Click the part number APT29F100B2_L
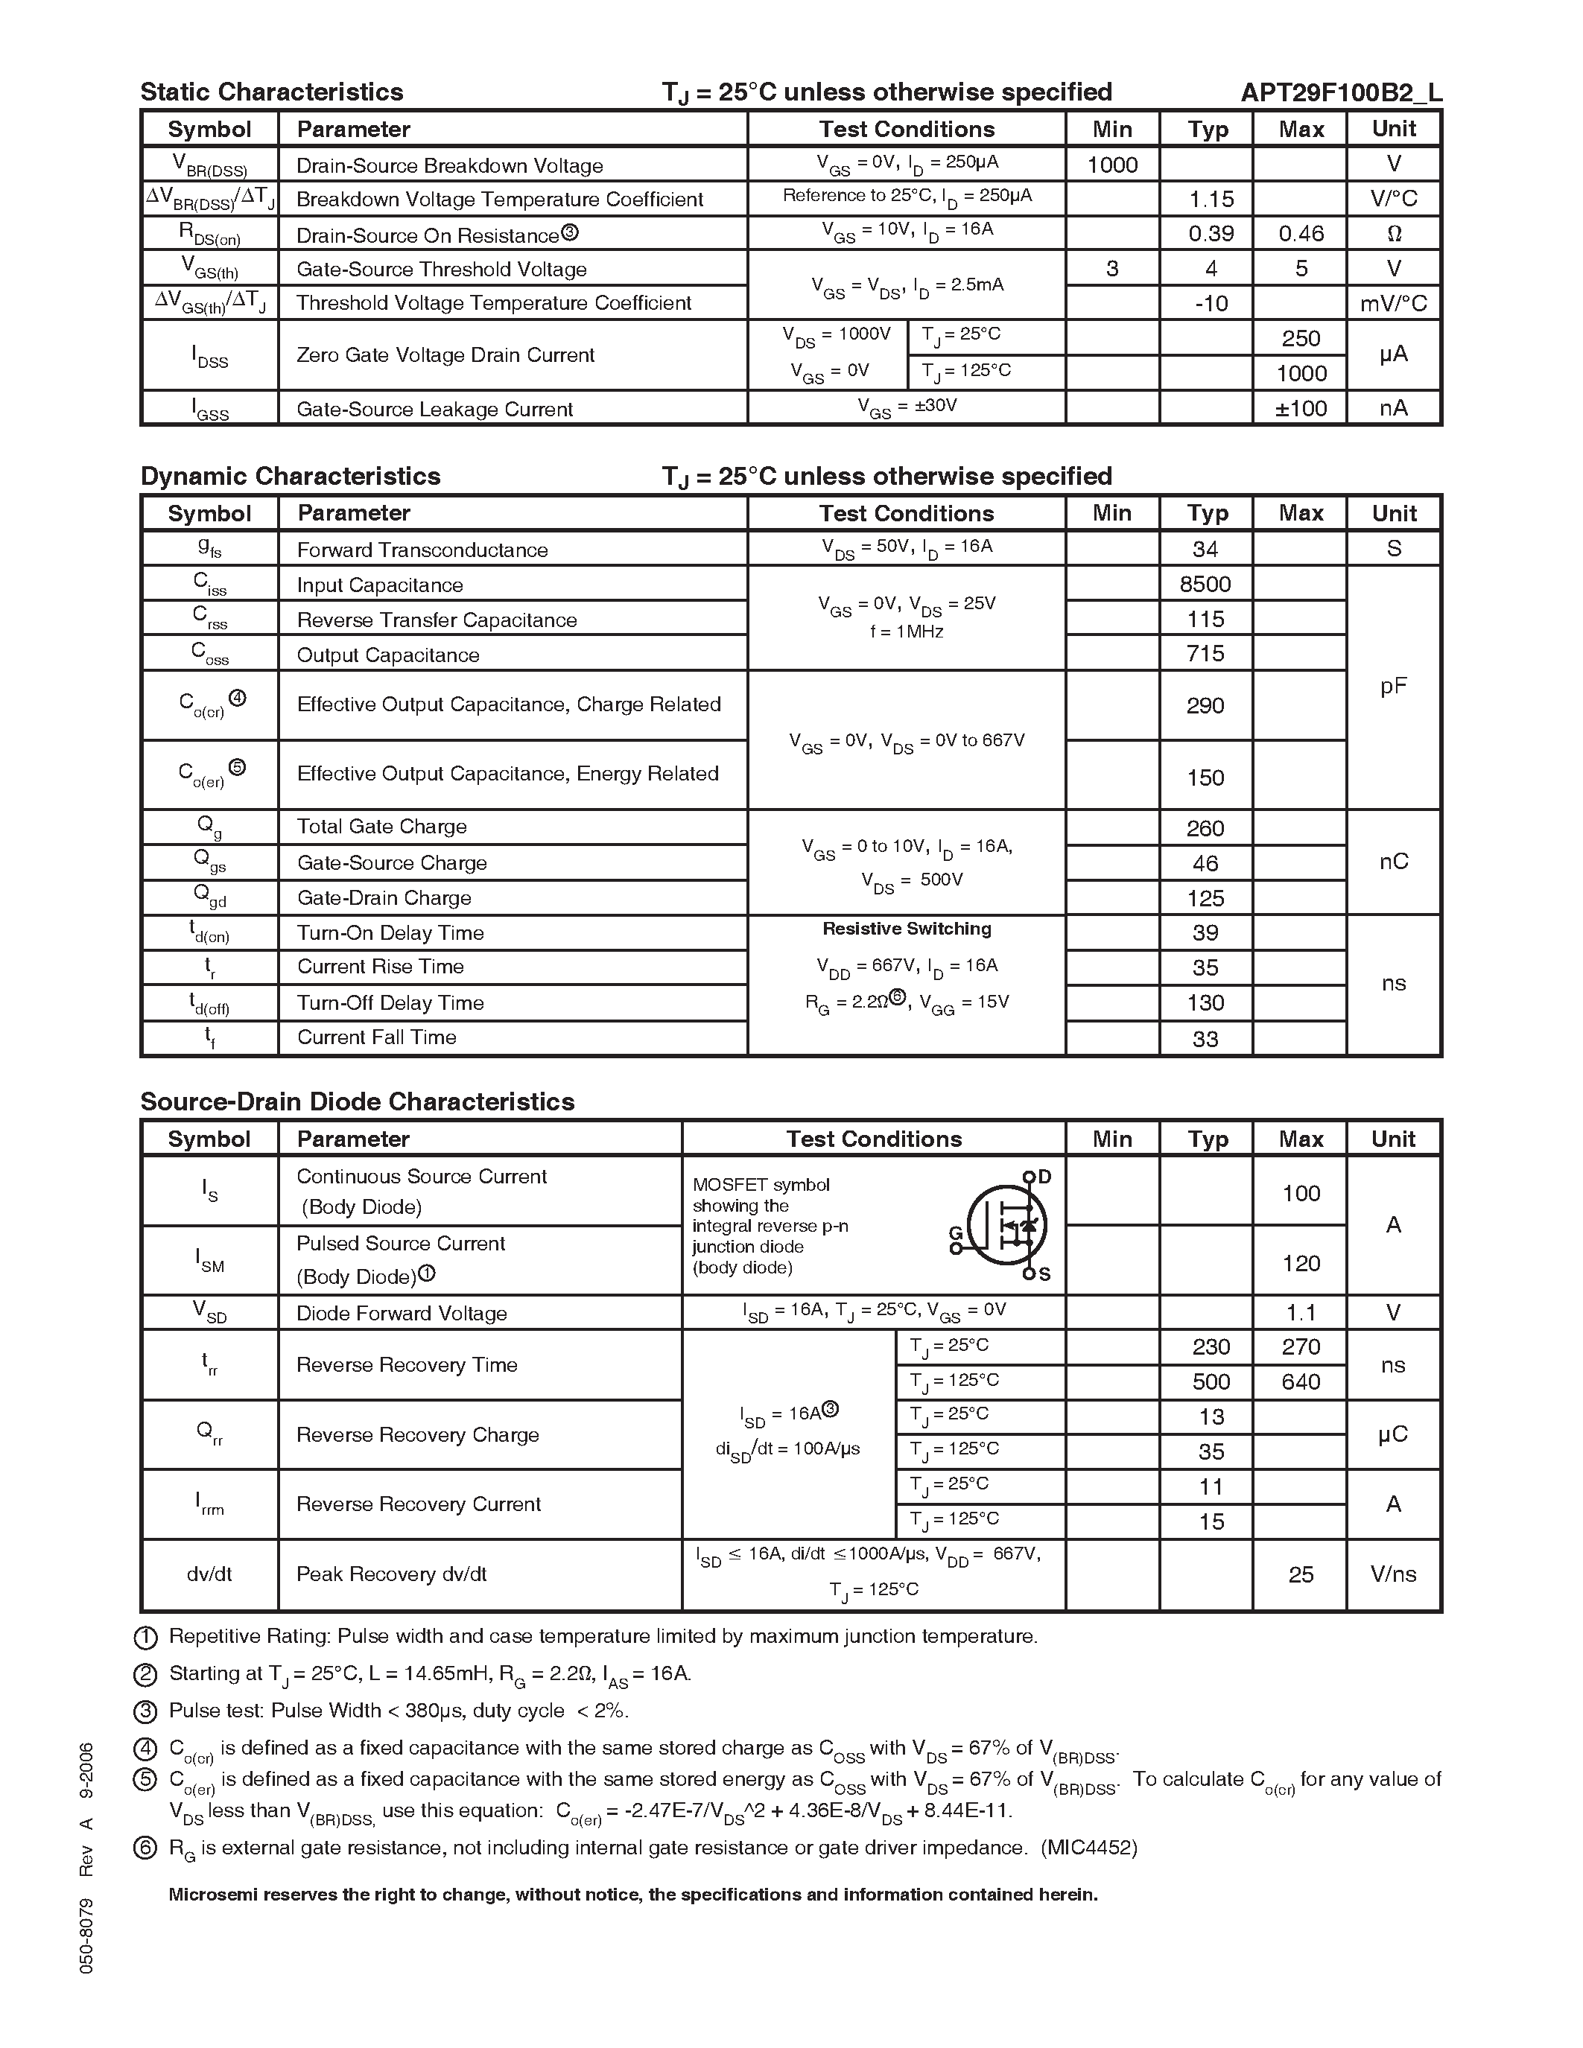[x=1340, y=92]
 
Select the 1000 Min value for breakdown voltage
[x=1112, y=165]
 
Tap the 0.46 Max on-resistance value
[x=1301, y=234]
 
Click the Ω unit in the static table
[x=1394, y=234]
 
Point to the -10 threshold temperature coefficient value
[x=1211, y=304]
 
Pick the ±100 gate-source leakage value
[x=1301, y=409]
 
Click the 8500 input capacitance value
[x=1205, y=584]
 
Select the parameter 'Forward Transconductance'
[x=422, y=550]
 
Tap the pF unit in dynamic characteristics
[x=1394, y=687]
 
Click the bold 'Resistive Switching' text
[x=907, y=929]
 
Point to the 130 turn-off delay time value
[x=1205, y=1003]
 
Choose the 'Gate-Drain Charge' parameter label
[x=384, y=898]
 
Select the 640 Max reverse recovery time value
[x=1301, y=1382]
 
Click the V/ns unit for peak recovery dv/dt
[x=1394, y=1574]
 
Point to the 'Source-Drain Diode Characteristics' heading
[x=358, y=1102]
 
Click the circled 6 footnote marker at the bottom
[x=145, y=1848]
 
